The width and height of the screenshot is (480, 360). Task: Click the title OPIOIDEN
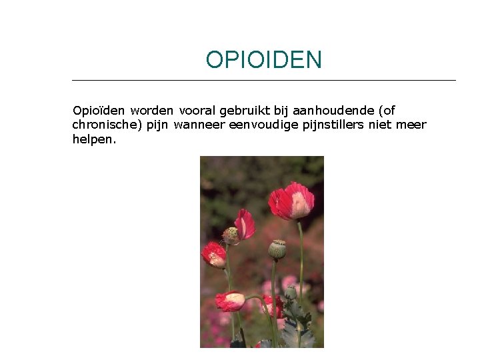[x=263, y=60]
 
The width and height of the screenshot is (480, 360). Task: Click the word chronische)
[x=103, y=125]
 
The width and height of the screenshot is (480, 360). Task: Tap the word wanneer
[x=199, y=125]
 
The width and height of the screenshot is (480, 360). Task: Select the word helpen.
[x=94, y=139]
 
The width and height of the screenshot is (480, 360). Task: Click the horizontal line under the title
[x=263, y=81]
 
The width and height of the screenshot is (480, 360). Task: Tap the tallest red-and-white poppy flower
[x=291, y=202]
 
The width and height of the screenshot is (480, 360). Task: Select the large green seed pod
[x=277, y=249]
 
